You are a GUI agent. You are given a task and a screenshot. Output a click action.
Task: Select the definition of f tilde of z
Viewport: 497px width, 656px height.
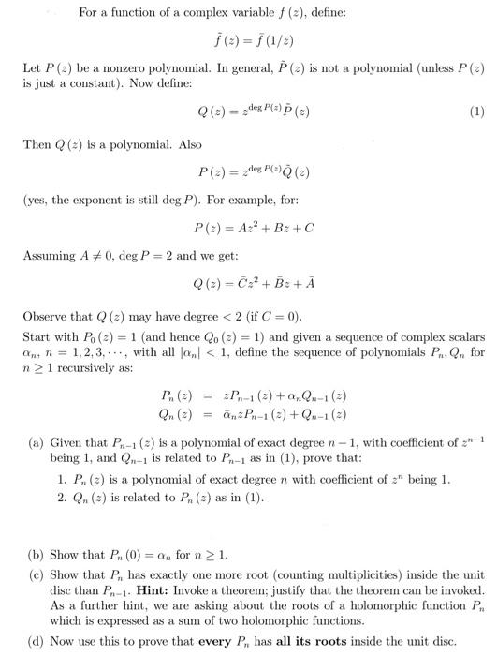pyautogui.click(x=248, y=37)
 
